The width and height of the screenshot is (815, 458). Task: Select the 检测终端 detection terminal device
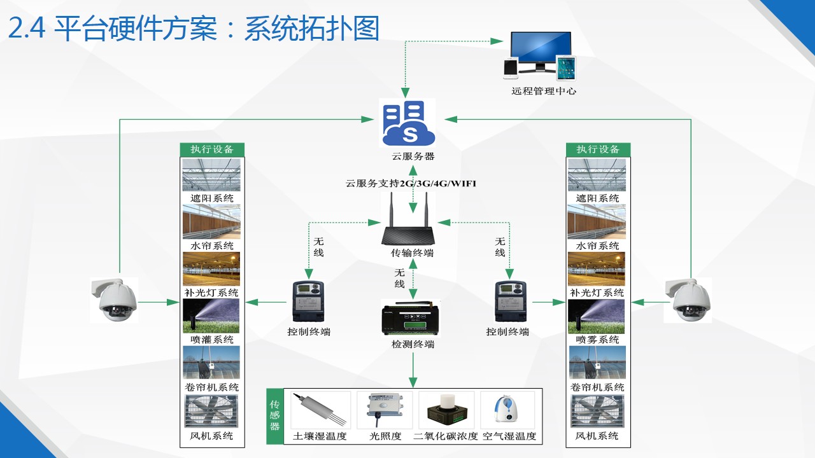(x=413, y=317)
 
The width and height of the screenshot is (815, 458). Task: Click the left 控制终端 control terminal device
(x=308, y=302)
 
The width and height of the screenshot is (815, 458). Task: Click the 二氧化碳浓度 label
(x=446, y=437)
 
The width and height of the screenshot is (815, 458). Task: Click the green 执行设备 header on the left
(x=212, y=149)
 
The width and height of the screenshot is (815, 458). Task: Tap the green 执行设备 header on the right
(x=598, y=149)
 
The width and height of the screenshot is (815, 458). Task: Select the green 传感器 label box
(x=275, y=415)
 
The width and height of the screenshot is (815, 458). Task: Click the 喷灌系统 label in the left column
(x=212, y=340)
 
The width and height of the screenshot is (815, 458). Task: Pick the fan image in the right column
(x=597, y=412)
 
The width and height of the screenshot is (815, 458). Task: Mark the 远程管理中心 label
(x=544, y=91)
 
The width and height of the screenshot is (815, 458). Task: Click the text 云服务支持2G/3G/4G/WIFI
(x=411, y=184)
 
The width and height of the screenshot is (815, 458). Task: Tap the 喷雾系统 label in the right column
(x=597, y=340)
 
